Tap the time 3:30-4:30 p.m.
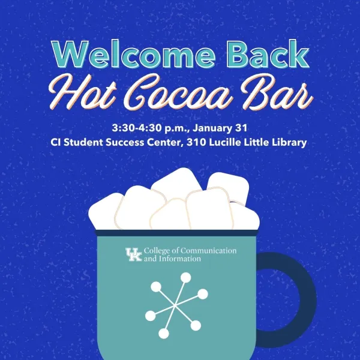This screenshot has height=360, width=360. pos(147,128)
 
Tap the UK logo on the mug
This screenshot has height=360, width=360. pos(133,254)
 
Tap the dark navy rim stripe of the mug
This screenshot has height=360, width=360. pos(178,232)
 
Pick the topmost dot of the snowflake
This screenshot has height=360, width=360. pos(186,277)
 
